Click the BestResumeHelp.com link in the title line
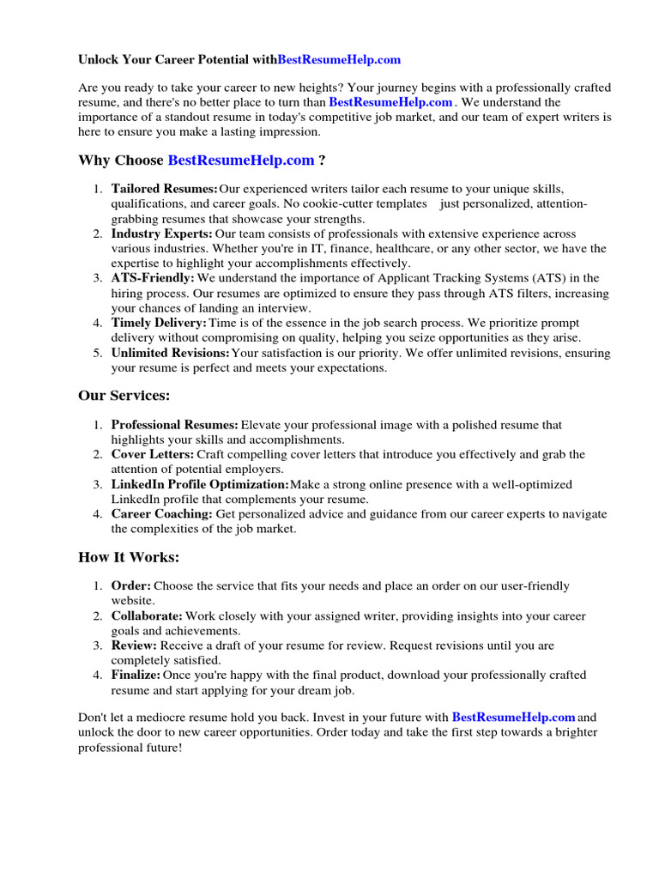pos(339,60)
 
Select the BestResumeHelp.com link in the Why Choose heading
pos(241,161)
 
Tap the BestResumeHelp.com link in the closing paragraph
pos(513,717)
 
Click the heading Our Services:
pos(124,395)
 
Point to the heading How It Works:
pos(129,557)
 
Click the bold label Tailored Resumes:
pos(164,189)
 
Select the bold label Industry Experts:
pos(162,233)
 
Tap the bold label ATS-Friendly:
pos(153,278)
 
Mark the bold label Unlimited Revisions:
pos(171,353)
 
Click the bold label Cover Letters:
pos(152,454)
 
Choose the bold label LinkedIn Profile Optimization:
pos(200,484)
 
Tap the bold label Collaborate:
pos(147,616)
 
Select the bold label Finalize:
pos(136,676)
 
